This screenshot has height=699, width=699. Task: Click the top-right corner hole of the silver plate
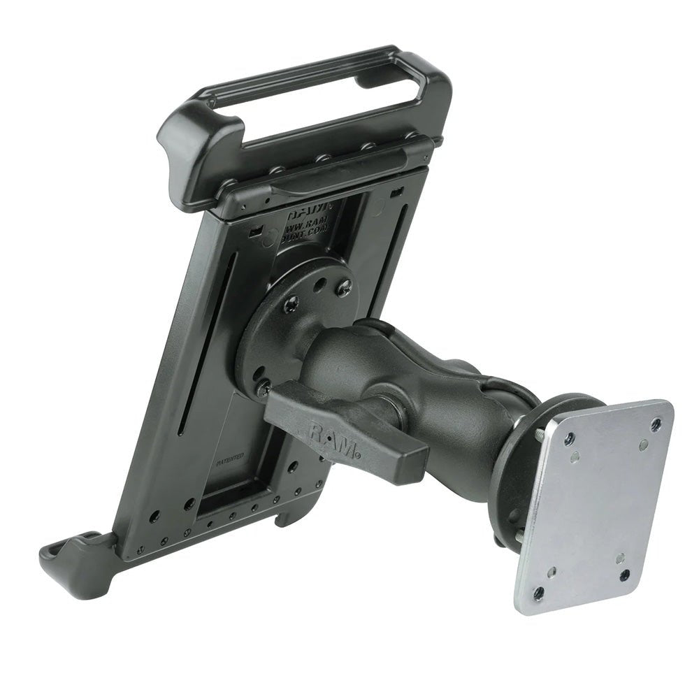click(x=655, y=424)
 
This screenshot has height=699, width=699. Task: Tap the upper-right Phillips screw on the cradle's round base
click(x=343, y=285)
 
